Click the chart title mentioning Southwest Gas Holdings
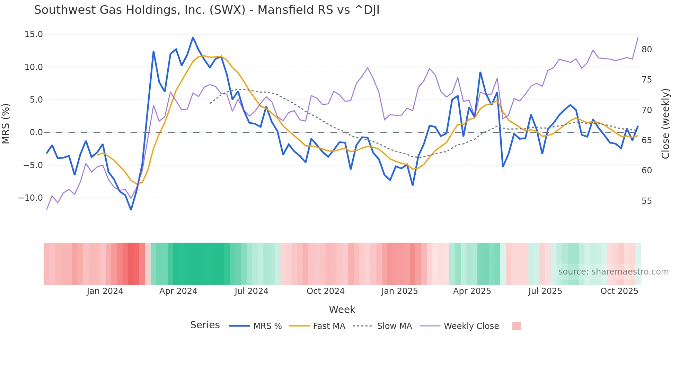coord(206,10)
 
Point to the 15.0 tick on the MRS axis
coord(34,34)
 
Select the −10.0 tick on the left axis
coord(30,198)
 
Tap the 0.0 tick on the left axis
coord(36,132)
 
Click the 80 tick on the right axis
coord(646,50)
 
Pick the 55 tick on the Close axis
coord(646,201)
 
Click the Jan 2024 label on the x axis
coord(105,291)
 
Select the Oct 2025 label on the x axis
coord(619,291)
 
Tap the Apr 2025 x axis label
coord(472,291)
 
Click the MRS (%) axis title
coord(6,123)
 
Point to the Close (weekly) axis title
coord(665,123)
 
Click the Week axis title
coord(342,310)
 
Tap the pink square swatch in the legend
coord(516,326)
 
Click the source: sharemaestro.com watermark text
coord(613,272)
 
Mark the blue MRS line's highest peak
coord(193,37)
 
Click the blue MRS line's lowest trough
coord(131,210)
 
